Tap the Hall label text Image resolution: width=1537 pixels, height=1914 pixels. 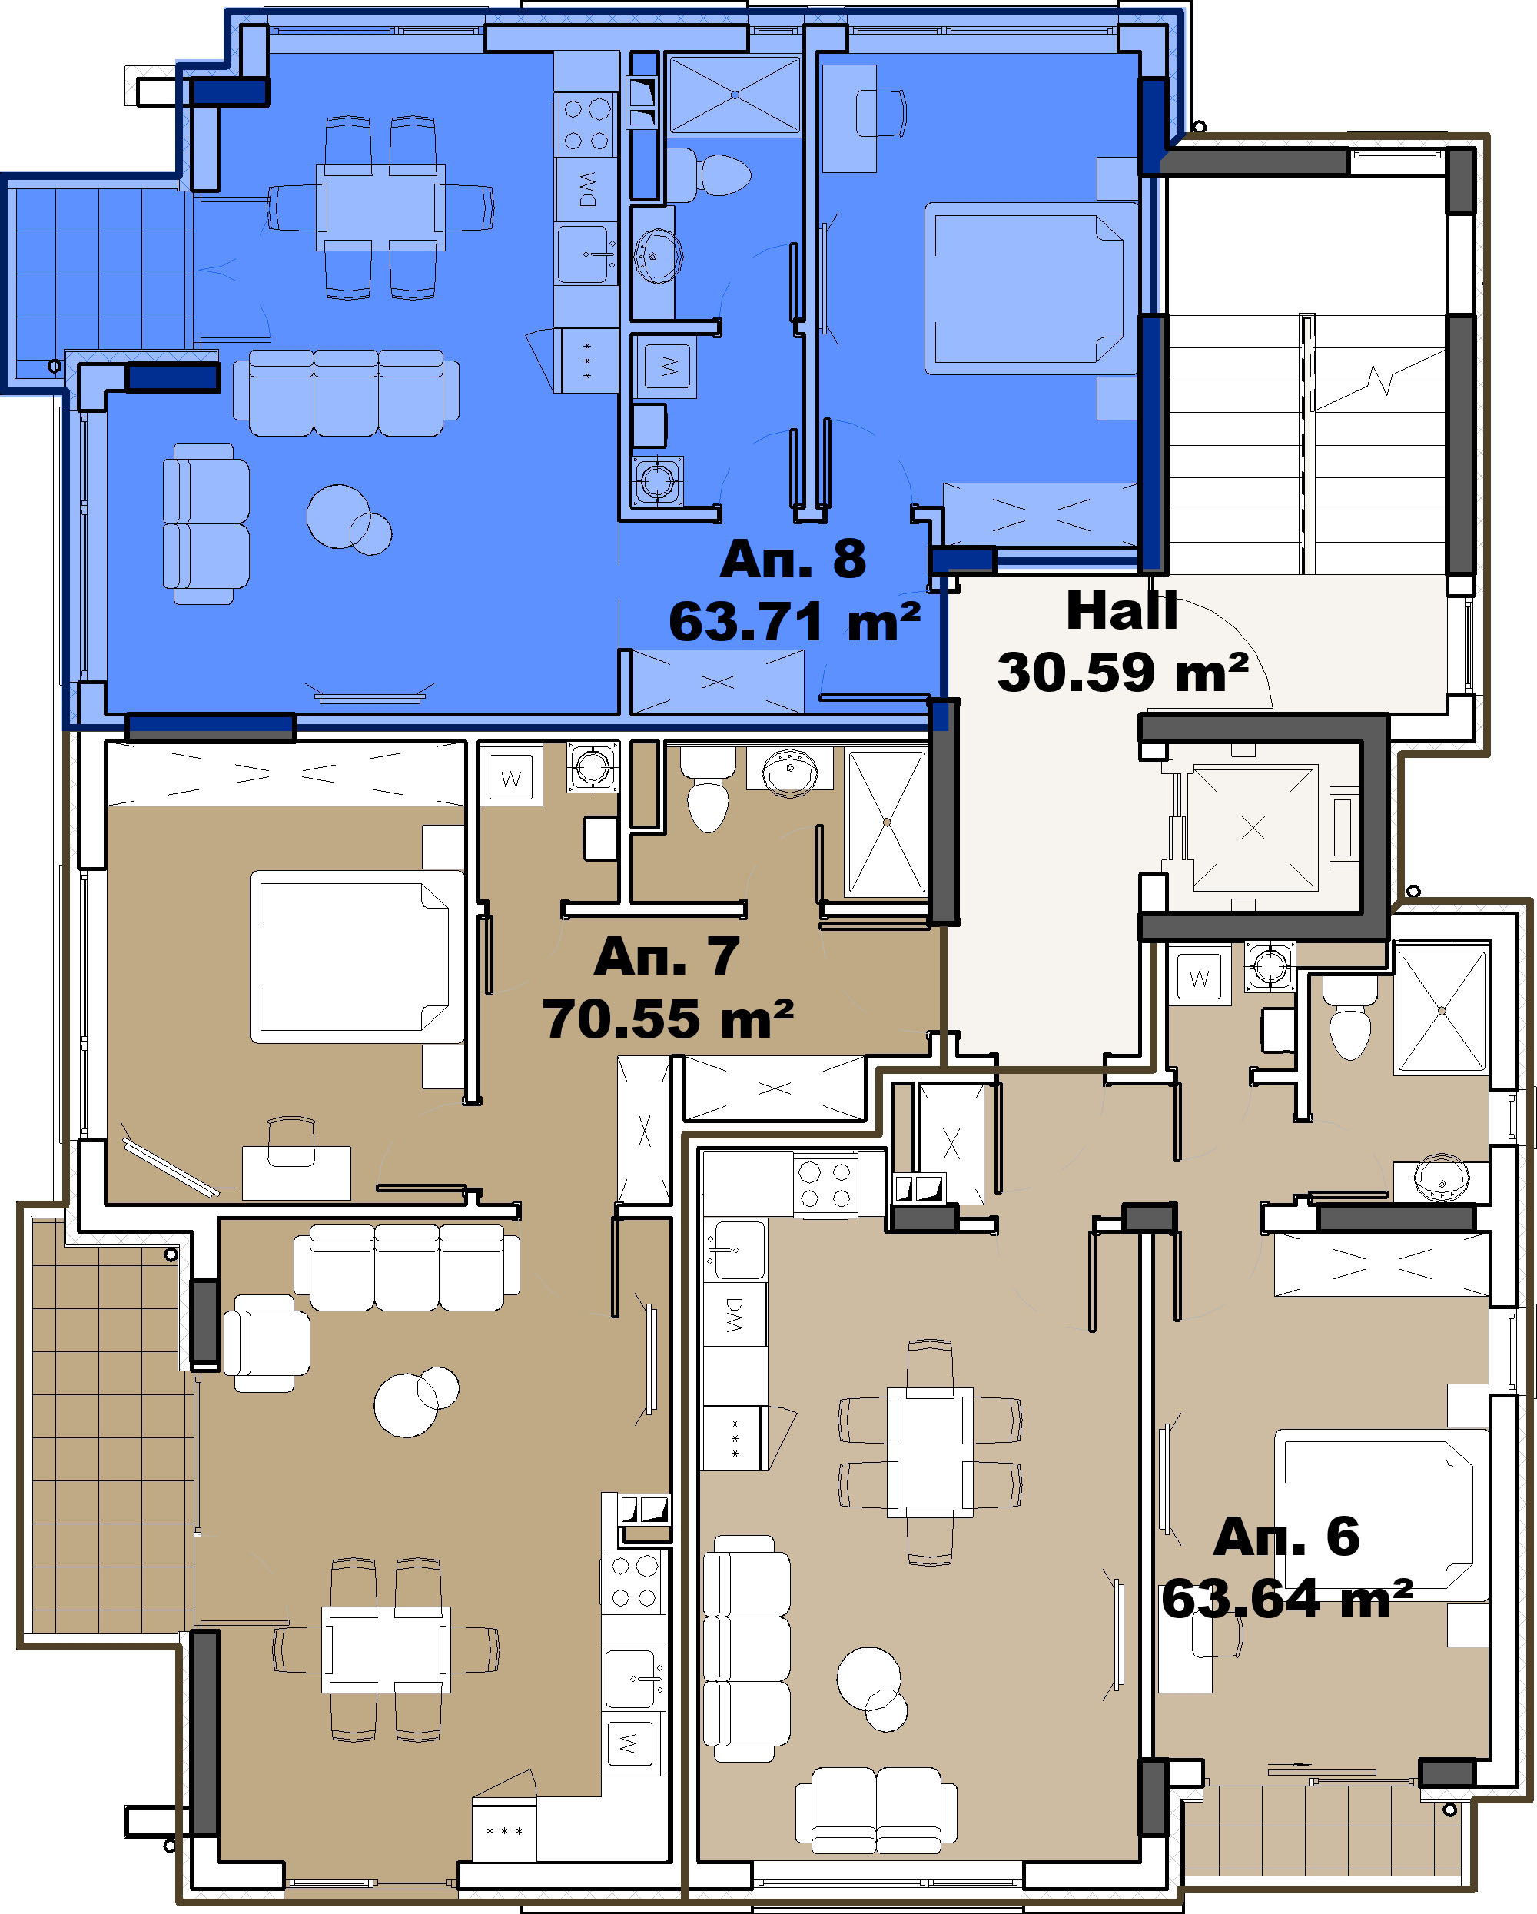1122,611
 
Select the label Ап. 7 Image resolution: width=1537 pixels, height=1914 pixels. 666,956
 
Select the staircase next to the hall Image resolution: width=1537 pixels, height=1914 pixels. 1306,444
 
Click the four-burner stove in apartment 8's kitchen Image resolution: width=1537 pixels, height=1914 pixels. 586,125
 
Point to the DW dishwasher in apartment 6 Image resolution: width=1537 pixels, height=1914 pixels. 735,1314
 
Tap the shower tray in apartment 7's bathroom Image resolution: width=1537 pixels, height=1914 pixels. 887,822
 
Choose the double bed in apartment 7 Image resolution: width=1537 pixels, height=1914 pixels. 357,957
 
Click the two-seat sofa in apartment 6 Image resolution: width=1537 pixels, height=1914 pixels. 877,1809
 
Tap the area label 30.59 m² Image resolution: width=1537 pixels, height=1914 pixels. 1124,672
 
